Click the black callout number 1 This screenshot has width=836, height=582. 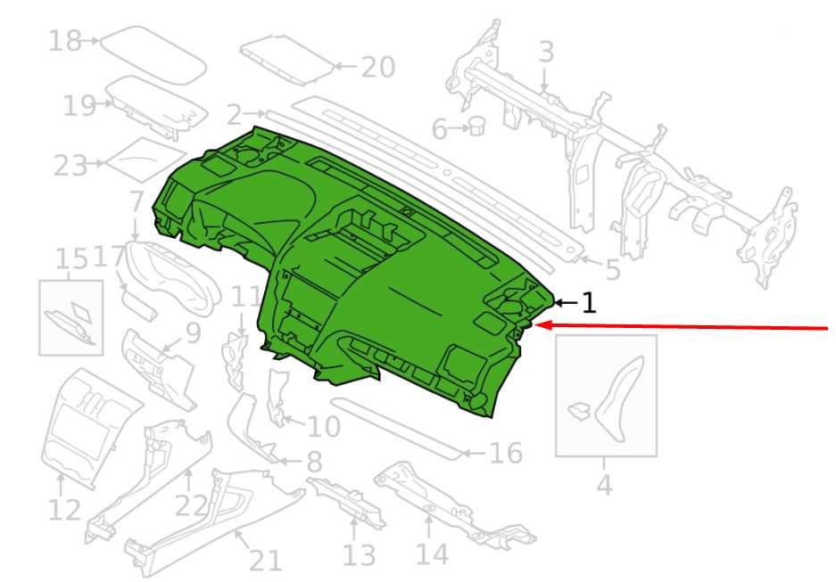point(588,303)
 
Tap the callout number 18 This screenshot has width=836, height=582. point(64,40)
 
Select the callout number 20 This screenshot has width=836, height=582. point(378,67)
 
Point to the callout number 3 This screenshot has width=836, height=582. point(547,53)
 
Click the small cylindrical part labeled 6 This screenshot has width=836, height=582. point(477,127)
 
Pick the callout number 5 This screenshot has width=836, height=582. point(613,270)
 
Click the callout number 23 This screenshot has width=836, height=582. point(70,166)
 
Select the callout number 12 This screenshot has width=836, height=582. point(64,510)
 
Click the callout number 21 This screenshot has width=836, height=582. point(266,561)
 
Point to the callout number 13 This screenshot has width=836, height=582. point(359,555)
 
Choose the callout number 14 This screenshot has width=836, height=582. point(432,553)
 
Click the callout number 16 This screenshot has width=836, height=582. point(506,453)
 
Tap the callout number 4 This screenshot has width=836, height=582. point(605,485)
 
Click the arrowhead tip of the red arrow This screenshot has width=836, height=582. point(534,324)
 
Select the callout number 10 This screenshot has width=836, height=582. point(324,426)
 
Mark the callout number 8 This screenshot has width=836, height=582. point(315,462)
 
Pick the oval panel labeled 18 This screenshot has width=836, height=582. point(153,55)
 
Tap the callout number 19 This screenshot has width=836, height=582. point(79,105)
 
